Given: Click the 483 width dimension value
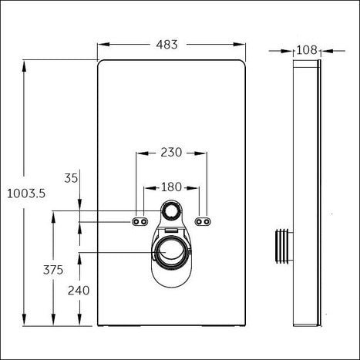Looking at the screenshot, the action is (x=167, y=45).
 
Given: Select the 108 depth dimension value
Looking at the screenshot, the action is (x=307, y=50).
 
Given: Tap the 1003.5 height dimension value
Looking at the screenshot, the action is (x=26, y=193).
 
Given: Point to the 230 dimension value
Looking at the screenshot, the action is (x=171, y=153).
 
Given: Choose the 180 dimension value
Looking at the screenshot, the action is (x=171, y=187).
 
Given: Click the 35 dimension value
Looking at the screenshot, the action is (x=71, y=178).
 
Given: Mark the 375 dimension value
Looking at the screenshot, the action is (x=53, y=270).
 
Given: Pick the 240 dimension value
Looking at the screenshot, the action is (x=79, y=291).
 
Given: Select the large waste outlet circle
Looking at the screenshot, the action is (x=170, y=253).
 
